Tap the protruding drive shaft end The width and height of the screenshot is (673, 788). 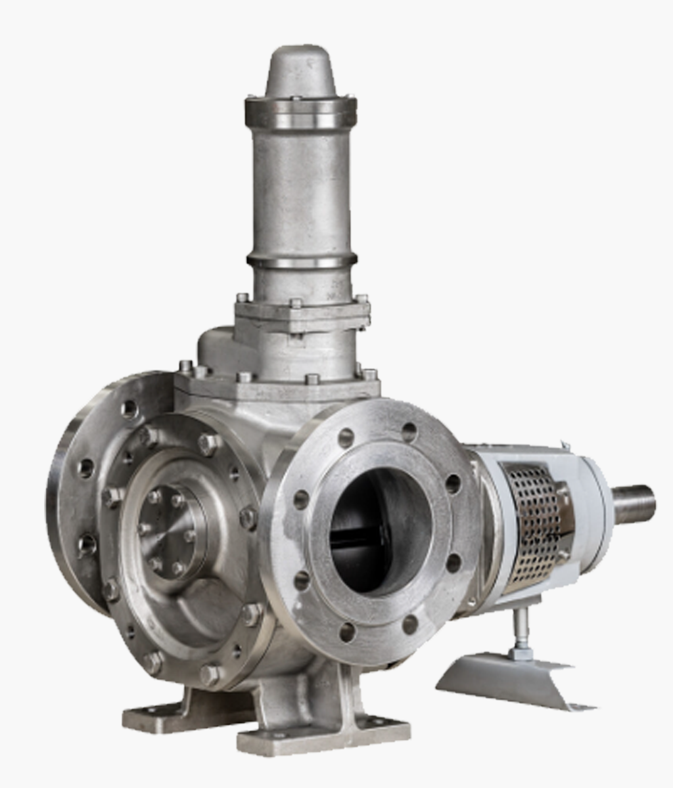click(634, 504)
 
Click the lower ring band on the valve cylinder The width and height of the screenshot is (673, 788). click(302, 260)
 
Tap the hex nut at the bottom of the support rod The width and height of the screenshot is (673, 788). click(520, 653)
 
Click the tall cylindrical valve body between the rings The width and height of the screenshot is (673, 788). click(301, 190)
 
